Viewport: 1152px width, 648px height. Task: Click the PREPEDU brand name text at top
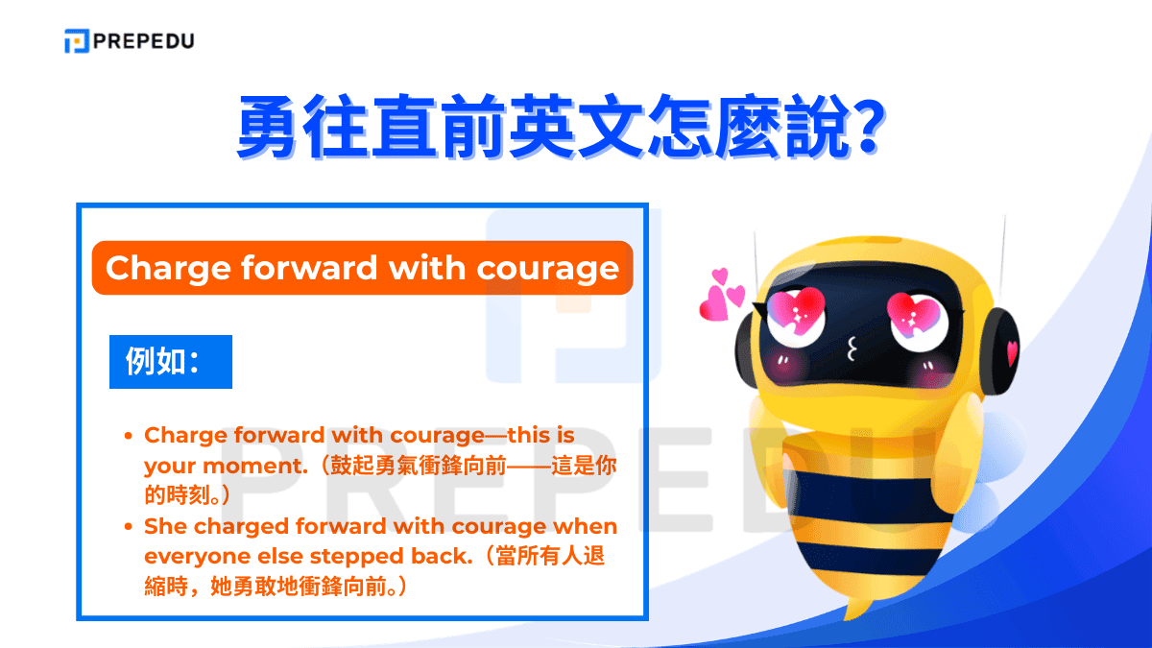pyautogui.click(x=143, y=41)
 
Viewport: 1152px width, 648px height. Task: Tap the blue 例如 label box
pyautogui.click(x=171, y=362)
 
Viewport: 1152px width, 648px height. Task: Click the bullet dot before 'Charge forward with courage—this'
pyautogui.click(x=129, y=436)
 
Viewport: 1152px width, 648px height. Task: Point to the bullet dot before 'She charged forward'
pyautogui.click(x=129, y=527)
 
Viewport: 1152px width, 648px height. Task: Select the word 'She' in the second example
pyautogui.click(x=165, y=526)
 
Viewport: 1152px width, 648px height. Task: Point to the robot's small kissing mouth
pyautogui.click(x=851, y=349)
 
